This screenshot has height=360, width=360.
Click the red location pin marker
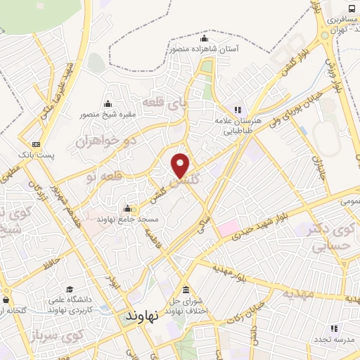(181, 165)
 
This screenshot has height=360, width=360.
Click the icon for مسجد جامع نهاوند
(127, 208)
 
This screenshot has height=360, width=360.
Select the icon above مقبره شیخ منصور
(108, 104)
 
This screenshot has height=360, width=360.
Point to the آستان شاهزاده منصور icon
(205, 38)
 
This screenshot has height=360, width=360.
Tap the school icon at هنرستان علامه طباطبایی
(238, 109)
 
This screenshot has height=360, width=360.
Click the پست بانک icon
(27, 144)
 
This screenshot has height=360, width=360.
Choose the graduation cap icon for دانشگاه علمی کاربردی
(70, 289)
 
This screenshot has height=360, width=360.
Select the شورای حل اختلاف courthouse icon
(186, 290)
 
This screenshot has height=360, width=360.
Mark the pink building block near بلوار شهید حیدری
(228, 228)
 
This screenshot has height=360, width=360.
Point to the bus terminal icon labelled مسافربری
(326, 20)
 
